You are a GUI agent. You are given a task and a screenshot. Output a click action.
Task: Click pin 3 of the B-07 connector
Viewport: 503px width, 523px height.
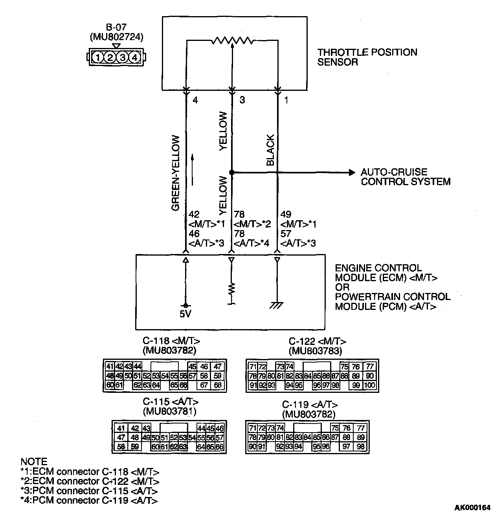coord(123,58)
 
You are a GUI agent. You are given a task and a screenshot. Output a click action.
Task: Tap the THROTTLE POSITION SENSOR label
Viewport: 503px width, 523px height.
coord(367,57)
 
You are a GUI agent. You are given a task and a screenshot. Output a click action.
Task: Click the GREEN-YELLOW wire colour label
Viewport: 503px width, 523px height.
coord(176,173)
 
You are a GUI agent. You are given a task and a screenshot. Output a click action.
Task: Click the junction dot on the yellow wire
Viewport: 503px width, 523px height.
coord(232,172)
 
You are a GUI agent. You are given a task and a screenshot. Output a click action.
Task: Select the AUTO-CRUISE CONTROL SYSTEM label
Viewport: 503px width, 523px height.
coord(405,177)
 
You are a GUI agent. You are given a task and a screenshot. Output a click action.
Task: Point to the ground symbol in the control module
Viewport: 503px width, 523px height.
coord(277,305)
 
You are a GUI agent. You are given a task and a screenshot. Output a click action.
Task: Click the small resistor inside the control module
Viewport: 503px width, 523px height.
coord(232,289)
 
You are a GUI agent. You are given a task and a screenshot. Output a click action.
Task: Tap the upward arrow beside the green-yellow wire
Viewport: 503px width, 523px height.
coord(193,169)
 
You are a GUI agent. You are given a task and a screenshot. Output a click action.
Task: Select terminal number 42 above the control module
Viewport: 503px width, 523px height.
coord(194,214)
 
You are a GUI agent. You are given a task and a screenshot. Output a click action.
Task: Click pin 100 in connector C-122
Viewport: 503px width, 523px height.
coord(369,385)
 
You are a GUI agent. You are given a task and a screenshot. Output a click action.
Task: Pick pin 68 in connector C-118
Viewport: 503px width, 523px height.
coord(217,385)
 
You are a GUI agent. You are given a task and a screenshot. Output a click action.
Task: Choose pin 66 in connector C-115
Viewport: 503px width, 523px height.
coord(219,447)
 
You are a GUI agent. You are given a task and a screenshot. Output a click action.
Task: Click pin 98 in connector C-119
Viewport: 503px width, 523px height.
coord(360,447)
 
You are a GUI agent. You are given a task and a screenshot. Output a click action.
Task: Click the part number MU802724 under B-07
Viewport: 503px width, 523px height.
coord(116,37)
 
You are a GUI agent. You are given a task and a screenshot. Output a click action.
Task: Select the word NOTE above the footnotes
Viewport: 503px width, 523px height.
coord(34,462)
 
